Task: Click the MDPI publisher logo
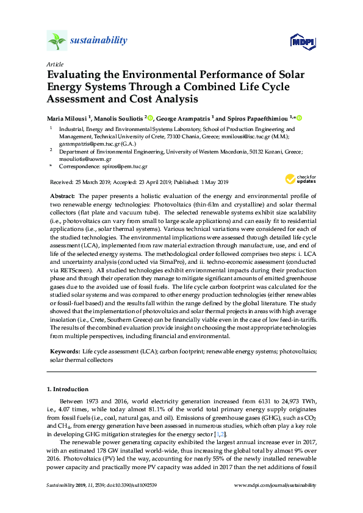(x=303, y=41)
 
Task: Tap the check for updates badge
(x=301, y=179)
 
